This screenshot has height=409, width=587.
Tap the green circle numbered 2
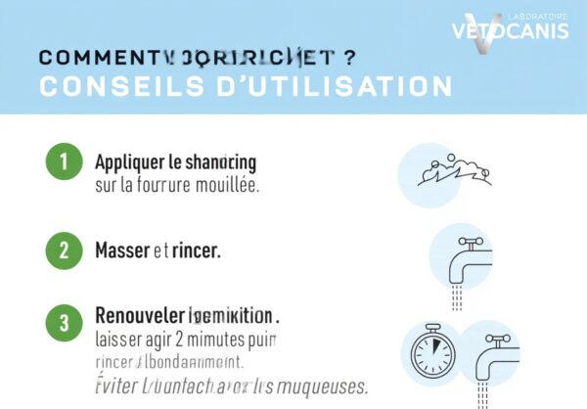pyautogui.click(x=64, y=250)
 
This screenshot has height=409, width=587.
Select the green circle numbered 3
pyautogui.click(x=64, y=321)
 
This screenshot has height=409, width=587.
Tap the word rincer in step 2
pyautogui.click(x=197, y=250)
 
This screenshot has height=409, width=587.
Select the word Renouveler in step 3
pyautogui.click(x=140, y=315)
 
